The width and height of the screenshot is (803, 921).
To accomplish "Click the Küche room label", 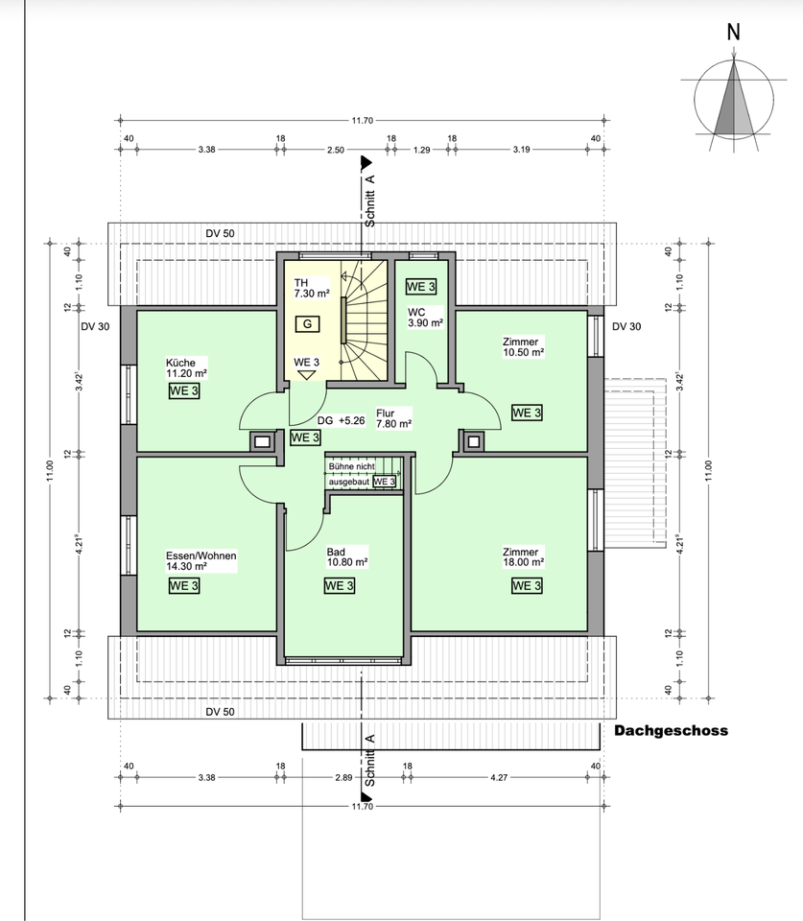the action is pos(186,367).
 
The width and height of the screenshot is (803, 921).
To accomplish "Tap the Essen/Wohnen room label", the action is pos(201,561).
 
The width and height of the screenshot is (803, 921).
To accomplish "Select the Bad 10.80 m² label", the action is pos(347,556).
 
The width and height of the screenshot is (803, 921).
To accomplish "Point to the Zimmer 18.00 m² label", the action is pos(524,556).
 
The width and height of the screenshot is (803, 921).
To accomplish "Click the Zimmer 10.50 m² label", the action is pos(524,347).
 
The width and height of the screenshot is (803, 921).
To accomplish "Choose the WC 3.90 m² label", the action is pos(425,318).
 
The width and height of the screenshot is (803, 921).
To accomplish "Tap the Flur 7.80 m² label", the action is pos(393,418).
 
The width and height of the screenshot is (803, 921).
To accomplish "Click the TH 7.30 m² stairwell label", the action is pos(312,289).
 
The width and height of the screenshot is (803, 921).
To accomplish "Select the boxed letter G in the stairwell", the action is pos(307,323).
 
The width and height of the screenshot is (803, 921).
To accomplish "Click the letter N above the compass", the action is pos(733,33).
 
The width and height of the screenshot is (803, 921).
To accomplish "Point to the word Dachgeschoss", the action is pos(671,731).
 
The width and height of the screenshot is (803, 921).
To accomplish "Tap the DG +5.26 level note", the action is pos(342,420).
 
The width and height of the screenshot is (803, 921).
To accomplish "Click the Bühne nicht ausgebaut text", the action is pos(351,474).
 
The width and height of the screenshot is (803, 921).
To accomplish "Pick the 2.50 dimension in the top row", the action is pos(336,150).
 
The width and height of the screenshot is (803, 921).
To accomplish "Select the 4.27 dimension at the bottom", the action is pos(499,778).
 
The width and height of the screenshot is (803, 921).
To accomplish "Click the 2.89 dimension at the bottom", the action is pos(343,778).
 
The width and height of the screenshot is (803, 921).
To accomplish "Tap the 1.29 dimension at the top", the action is pos(422,150).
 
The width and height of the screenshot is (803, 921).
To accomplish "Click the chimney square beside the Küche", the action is pos(262,441).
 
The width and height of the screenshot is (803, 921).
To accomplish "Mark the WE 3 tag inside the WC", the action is pos(421,287).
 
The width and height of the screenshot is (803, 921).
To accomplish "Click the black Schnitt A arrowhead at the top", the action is pos(366,161).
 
